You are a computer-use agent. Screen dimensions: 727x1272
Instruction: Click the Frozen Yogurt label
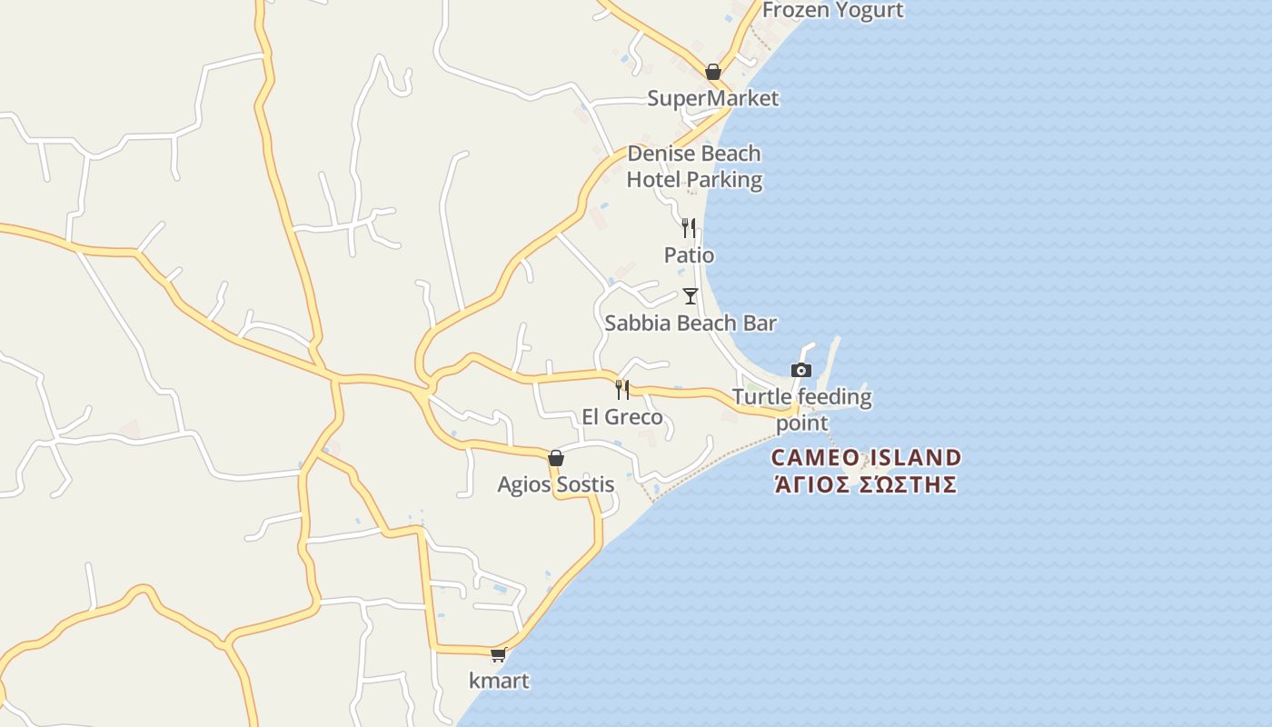tap(832, 10)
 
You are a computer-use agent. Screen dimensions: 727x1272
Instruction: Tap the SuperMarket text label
tap(713, 98)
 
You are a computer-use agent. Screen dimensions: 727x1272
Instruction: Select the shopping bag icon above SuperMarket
tap(713, 72)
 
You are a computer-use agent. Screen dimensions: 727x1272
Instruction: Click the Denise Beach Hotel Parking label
tap(694, 166)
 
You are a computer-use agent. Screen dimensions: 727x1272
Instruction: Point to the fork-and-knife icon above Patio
tap(689, 227)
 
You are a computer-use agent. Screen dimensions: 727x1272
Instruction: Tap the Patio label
tap(689, 255)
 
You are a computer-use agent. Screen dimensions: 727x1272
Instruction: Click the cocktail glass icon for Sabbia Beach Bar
tap(691, 295)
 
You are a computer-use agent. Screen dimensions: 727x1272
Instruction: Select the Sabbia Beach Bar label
tap(691, 323)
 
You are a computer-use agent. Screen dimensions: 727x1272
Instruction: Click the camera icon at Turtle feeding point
tap(800, 370)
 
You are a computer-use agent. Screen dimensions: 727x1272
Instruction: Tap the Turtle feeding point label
tap(801, 409)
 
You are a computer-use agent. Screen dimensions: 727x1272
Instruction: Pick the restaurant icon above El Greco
tap(622, 390)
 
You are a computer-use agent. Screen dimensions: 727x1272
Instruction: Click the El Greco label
tap(622, 418)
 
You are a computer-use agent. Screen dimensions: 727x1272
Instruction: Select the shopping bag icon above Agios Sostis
tap(556, 458)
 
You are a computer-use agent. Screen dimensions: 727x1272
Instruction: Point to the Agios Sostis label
tap(556, 484)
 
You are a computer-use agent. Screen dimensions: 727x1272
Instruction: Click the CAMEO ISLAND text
tap(866, 457)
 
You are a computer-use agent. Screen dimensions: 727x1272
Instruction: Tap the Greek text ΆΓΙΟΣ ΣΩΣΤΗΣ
tap(866, 483)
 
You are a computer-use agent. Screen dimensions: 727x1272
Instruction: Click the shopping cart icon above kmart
tap(498, 654)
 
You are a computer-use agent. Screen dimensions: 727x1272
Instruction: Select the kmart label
tap(499, 680)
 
